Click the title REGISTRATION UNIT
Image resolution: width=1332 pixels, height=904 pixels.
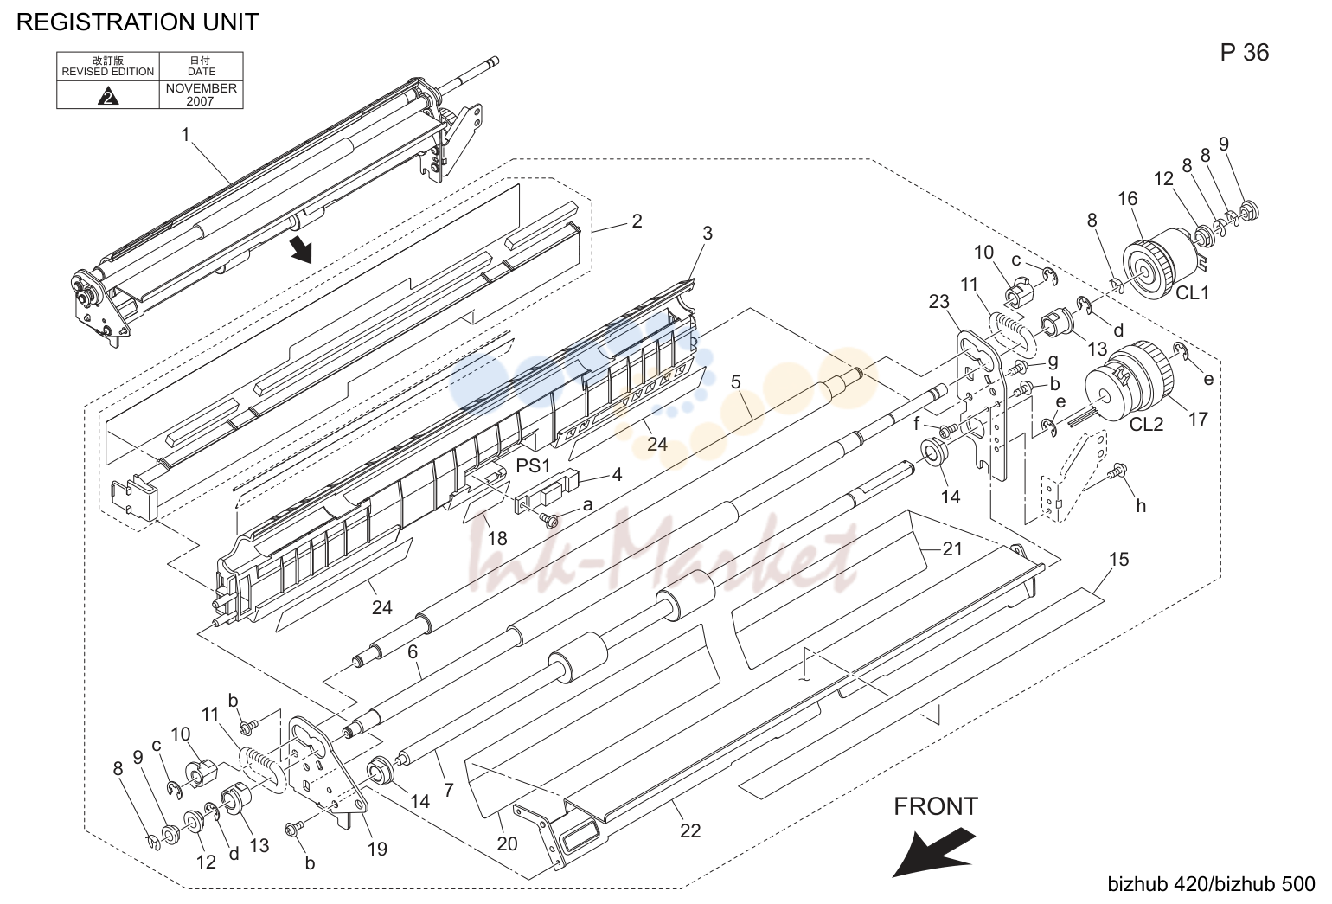click(138, 22)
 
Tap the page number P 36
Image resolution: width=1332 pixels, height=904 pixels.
click(1245, 52)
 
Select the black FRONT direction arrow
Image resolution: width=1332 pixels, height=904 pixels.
click(932, 851)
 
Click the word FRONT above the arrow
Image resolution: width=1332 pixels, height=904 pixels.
click(936, 806)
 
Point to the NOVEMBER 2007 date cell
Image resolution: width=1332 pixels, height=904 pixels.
click(201, 94)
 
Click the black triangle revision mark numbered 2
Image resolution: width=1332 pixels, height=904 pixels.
click(107, 96)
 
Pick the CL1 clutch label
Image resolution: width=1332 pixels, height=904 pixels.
click(1192, 292)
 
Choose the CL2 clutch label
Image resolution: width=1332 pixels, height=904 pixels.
click(1146, 424)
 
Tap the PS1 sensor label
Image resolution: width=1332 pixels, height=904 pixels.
click(533, 465)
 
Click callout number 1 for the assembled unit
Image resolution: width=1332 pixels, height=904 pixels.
click(185, 135)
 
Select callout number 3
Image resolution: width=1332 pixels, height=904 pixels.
click(707, 234)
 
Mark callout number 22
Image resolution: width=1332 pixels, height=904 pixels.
click(690, 830)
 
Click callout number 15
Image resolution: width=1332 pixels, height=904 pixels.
click(1118, 559)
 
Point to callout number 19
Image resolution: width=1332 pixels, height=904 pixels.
click(377, 849)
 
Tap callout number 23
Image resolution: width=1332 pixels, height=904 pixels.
click(939, 302)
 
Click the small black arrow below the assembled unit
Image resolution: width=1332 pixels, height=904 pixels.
click(302, 248)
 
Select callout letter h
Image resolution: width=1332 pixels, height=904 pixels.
click(1141, 505)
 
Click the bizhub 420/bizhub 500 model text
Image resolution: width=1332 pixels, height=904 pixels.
click(1211, 884)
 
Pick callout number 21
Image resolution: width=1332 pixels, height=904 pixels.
click(952, 548)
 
